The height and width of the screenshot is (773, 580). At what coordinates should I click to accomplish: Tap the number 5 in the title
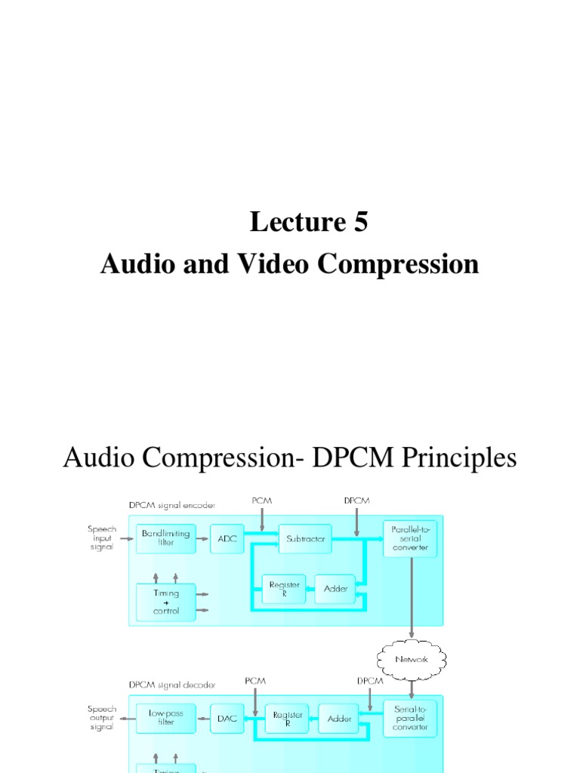coord(359,222)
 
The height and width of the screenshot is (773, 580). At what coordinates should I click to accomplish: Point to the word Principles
coord(451,458)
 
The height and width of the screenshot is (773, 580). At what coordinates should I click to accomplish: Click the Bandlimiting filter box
coord(166,538)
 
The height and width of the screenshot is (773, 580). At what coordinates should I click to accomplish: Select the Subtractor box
coord(305,539)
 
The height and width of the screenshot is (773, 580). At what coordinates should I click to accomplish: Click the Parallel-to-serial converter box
coord(410,537)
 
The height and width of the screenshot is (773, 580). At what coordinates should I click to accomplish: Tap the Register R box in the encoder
coord(284,589)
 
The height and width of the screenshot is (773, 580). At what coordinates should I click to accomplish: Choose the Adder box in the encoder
coord(335,589)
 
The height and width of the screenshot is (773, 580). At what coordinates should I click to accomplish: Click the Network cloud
coord(412,659)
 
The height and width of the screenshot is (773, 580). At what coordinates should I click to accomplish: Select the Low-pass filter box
coord(166,717)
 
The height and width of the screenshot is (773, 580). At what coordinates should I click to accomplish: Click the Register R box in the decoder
coord(287,719)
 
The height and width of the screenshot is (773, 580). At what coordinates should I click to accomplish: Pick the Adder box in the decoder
coord(339,719)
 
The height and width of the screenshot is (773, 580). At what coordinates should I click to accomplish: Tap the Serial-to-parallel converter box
coord(410,717)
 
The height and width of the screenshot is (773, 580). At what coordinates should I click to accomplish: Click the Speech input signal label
coord(100,538)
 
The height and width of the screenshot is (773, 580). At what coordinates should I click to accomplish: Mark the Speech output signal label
coord(100,718)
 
